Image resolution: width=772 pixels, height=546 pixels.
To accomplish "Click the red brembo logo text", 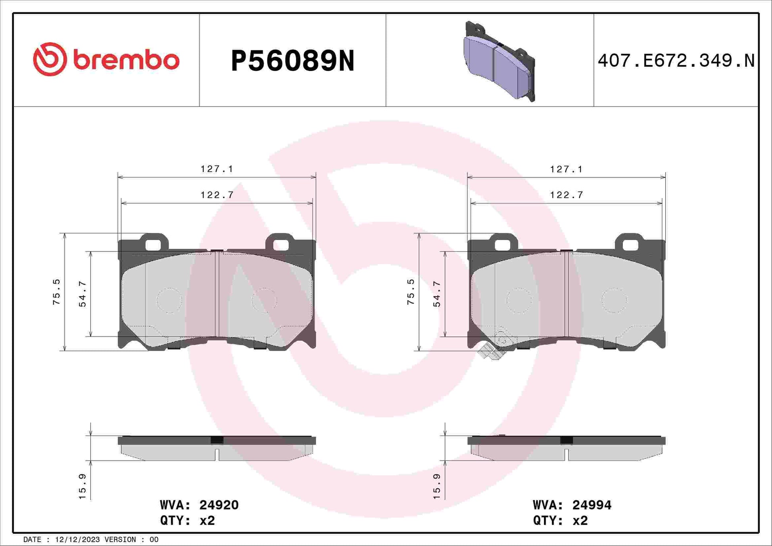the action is tap(126, 60).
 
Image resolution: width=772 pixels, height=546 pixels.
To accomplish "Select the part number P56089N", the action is tap(293, 61).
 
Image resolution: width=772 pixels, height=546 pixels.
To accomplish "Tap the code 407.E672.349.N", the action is tap(676, 61).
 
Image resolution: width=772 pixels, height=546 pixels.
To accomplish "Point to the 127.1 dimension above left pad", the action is tap(217, 169).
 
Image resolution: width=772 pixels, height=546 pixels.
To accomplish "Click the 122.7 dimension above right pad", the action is tap(567, 195).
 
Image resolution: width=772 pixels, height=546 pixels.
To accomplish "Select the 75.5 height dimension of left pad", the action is tap(56, 292).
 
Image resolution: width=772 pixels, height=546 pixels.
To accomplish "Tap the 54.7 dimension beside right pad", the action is tap(437, 294).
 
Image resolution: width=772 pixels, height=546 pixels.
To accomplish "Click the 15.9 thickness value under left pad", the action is tap(82, 486).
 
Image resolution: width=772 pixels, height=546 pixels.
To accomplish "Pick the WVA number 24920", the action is tap(219, 505).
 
